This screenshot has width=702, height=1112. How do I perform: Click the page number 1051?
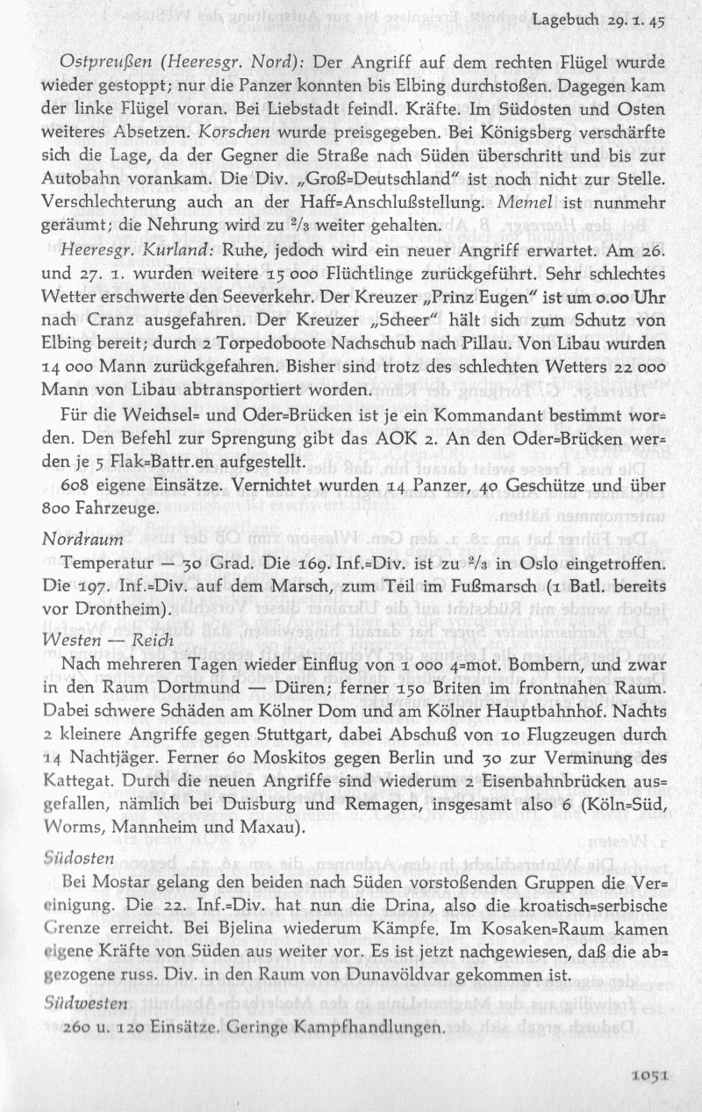tap(650, 1073)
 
